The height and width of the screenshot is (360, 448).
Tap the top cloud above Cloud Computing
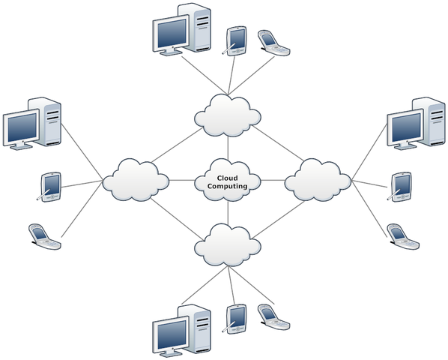tap(228, 115)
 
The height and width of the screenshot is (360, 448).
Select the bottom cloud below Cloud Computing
tap(228, 244)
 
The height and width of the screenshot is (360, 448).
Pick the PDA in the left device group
tap(51, 186)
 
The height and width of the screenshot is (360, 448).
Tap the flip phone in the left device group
tap(44, 235)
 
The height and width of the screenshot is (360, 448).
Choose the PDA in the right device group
tap(401, 187)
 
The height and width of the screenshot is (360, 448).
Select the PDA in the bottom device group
tap(236, 319)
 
